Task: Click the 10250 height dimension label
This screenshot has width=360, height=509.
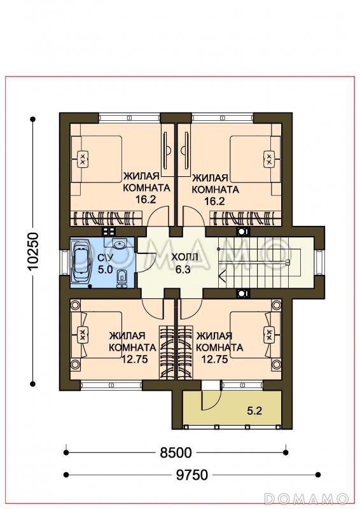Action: coord(33,251)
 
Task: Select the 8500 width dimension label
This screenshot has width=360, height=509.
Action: coord(176,452)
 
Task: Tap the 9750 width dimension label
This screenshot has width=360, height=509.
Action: coord(192,475)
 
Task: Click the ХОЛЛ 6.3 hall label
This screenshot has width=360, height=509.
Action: coord(184,263)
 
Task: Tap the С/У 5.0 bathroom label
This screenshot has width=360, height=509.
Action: coord(105,263)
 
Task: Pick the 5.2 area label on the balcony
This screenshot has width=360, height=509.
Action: coord(254,411)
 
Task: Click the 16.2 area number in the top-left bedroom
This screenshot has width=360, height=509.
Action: coord(146,199)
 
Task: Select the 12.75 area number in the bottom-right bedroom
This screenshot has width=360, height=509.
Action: coord(214,359)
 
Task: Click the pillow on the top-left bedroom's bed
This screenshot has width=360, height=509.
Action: coord(83,159)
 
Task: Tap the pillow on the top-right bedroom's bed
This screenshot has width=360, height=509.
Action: coord(269,159)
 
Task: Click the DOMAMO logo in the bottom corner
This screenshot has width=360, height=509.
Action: coord(306,498)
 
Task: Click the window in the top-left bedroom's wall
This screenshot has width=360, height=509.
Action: coord(129,118)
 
